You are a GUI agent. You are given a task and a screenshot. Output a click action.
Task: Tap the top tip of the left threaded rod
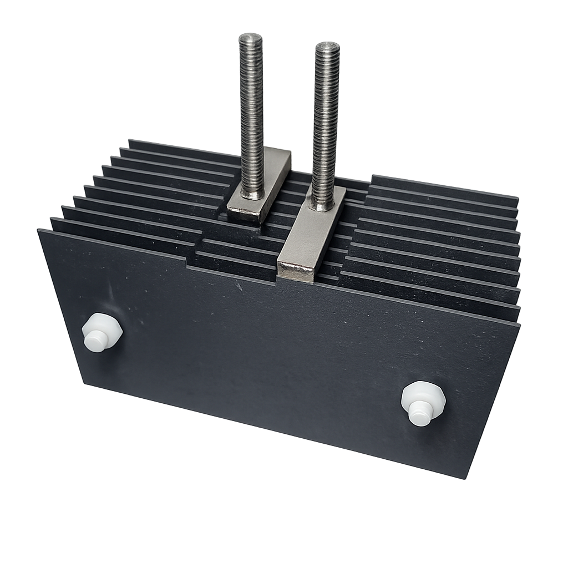coord(251,39)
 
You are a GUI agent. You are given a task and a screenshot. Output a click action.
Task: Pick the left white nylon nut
coord(102,332)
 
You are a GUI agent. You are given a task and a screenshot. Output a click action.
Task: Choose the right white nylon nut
coord(423,403)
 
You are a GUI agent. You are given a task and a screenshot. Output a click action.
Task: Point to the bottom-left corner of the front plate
coord(83,382)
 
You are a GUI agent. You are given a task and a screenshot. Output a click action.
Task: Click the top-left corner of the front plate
coord(39,230)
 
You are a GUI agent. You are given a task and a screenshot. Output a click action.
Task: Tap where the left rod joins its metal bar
coord(252,194)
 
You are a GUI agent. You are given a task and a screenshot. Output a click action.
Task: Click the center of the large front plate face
coord(277,355)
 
